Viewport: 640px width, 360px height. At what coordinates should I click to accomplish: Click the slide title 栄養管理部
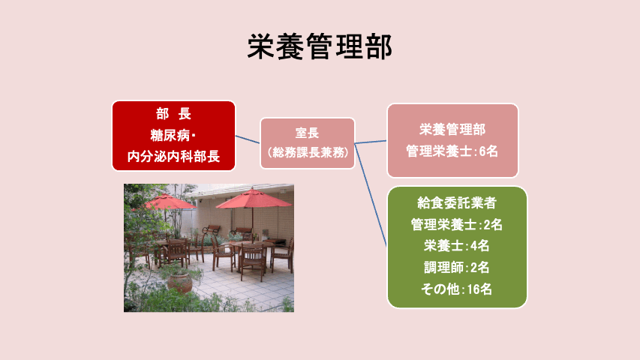point(320,46)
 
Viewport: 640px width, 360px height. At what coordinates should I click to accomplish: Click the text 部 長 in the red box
point(173,114)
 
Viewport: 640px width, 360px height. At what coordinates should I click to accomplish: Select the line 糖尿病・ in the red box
point(173,135)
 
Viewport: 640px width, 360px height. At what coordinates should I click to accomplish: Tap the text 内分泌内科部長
point(173,156)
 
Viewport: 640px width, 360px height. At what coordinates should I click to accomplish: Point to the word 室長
point(307,133)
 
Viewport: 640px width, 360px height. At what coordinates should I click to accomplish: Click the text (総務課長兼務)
point(308,153)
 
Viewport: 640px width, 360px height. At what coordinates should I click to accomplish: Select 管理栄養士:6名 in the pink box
point(452,151)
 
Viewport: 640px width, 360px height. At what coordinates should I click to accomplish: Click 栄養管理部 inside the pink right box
point(452,130)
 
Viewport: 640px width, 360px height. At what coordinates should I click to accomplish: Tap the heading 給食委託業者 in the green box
point(457,202)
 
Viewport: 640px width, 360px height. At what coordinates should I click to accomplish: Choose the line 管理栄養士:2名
point(457,224)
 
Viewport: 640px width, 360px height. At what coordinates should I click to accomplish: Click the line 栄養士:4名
point(457,246)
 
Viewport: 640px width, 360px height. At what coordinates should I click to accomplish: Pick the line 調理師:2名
point(457,267)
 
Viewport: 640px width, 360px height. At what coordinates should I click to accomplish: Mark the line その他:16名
point(457,289)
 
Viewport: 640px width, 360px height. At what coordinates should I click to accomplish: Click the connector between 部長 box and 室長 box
point(248,139)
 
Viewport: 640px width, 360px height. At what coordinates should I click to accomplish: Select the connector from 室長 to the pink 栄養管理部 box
point(371,142)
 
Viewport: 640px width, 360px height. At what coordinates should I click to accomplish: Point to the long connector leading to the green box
point(371,195)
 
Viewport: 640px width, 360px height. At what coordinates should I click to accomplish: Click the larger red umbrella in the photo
point(253,199)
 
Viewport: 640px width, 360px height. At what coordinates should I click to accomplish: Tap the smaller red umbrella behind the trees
point(167,201)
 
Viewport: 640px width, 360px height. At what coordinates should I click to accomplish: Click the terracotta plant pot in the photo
point(179,283)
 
